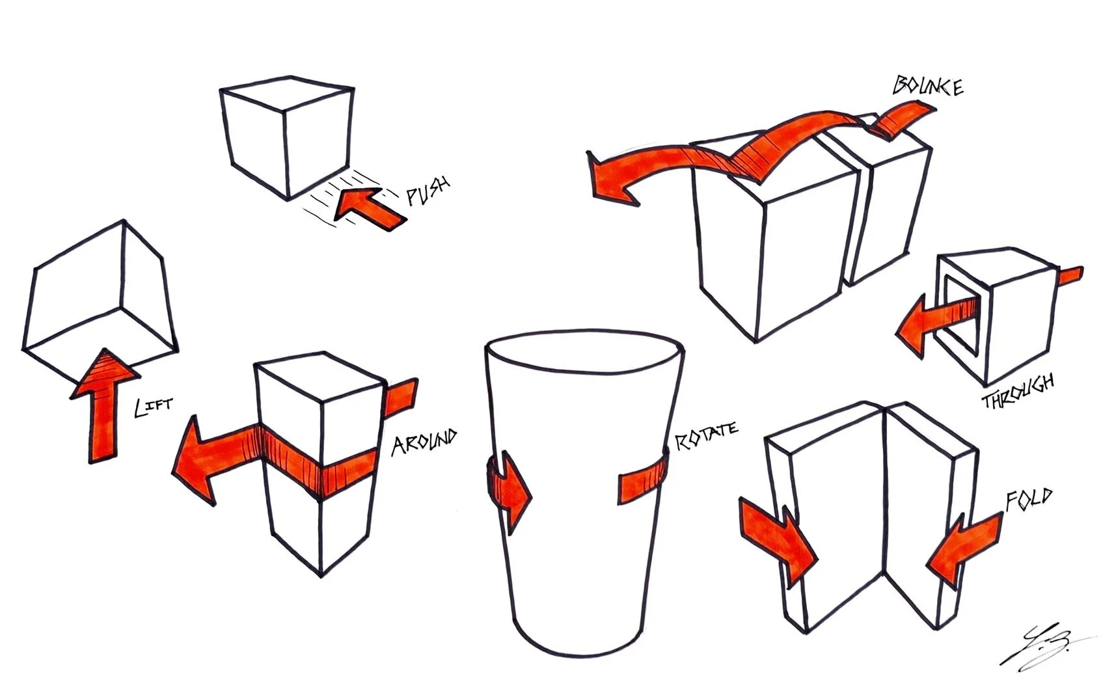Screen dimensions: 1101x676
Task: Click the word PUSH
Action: tap(428, 191)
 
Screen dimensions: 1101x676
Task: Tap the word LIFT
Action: tap(154, 407)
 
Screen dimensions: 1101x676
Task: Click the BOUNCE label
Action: tap(928, 86)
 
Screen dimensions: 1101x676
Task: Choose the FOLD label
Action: tap(1029, 500)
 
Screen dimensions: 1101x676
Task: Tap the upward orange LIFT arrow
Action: tap(104, 406)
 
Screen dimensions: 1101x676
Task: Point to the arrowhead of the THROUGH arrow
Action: tap(911, 326)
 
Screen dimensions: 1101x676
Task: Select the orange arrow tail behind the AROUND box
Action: tap(401, 396)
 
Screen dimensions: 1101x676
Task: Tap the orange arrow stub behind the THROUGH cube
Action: tap(1070, 276)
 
